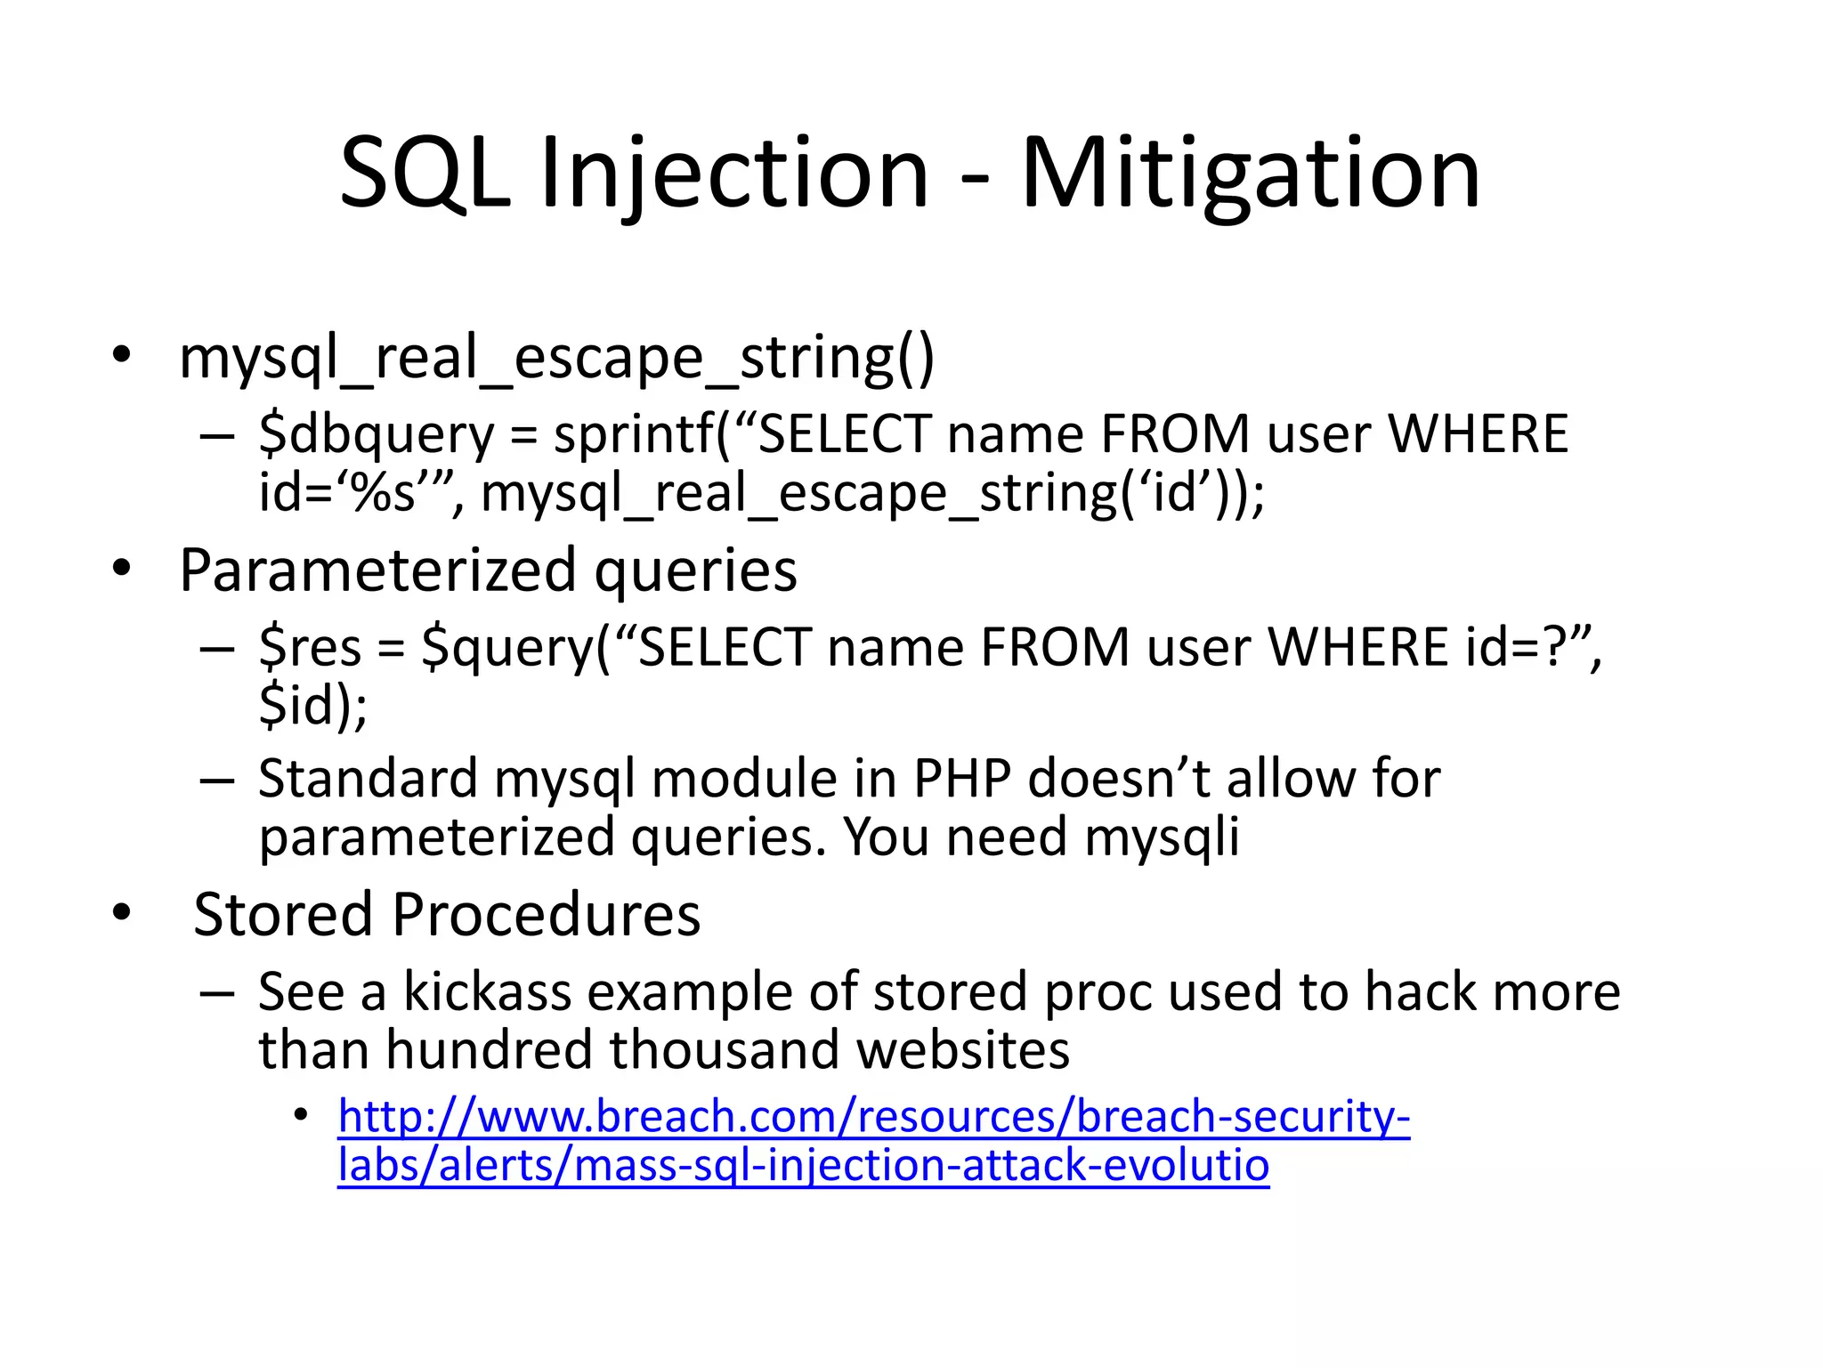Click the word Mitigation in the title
pos(1250,174)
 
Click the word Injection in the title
pos(734,174)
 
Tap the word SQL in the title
pos(425,174)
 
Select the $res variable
pos(310,646)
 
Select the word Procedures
pos(546,914)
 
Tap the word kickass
pos(487,991)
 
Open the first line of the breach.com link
pos(873,1117)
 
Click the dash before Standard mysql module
pos(216,781)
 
